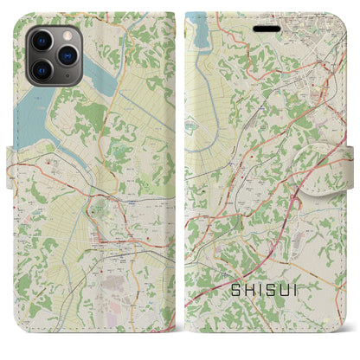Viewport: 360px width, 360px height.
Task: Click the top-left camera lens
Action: click(41, 41)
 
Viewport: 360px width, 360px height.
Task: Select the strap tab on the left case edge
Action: click(11, 161)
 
